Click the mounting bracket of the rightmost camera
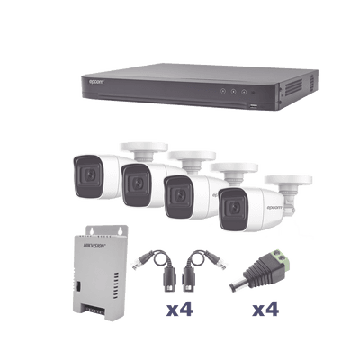(289, 187)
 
